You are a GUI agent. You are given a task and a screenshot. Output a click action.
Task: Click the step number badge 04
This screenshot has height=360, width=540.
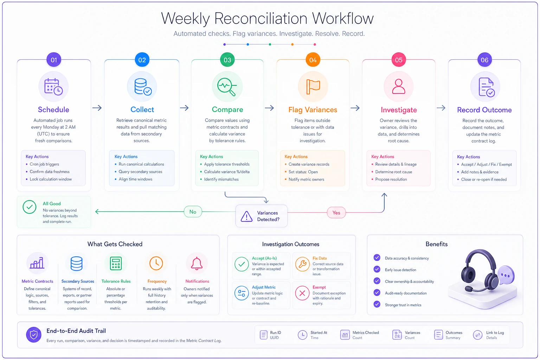pyautogui.click(x=313, y=60)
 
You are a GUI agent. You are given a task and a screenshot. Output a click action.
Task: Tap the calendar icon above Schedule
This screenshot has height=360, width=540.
pyautogui.click(x=53, y=87)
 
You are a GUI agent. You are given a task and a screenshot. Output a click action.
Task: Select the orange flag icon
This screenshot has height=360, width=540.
pyautogui.click(x=313, y=86)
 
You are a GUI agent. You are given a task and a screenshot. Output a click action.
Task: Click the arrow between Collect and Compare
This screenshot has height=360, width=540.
pyautogui.click(x=184, y=108)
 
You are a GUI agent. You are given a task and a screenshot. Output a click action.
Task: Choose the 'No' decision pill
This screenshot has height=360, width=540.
pyautogui.click(x=193, y=212)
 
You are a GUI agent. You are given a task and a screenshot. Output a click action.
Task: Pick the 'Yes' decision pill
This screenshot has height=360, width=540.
pyautogui.click(x=336, y=213)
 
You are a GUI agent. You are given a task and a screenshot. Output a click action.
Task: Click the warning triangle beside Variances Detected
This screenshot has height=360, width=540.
pyautogui.click(x=246, y=216)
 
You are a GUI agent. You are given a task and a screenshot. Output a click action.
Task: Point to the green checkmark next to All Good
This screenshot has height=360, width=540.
pyautogui.click(x=30, y=207)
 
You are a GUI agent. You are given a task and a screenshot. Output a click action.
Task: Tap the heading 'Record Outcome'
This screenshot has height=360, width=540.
pyautogui.click(x=484, y=110)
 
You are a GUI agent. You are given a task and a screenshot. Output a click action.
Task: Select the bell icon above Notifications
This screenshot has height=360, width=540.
pyautogui.click(x=197, y=263)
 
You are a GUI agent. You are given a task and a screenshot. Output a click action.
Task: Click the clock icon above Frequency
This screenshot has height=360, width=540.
pyautogui.click(x=156, y=263)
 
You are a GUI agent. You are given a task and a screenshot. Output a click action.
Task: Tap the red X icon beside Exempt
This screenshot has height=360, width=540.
pyautogui.click(x=302, y=293)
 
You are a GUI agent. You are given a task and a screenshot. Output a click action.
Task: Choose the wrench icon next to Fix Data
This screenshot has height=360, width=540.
pyautogui.click(x=302, y=264)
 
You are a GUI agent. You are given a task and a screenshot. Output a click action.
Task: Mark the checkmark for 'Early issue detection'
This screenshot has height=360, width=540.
pyautogui.click(x=377, y=269)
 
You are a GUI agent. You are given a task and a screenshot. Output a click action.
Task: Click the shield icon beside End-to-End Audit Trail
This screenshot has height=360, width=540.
pyautogui.click(x=33, y=335)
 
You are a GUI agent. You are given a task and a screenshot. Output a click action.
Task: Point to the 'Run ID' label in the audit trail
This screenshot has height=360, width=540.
pyautogui.click(x=275, y=333)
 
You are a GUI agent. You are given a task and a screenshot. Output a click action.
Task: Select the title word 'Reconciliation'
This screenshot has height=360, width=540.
pyautogui.click(x=261, y=19)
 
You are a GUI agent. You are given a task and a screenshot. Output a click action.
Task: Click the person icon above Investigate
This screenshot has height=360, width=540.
pyautogui.click(x=398, y=86)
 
